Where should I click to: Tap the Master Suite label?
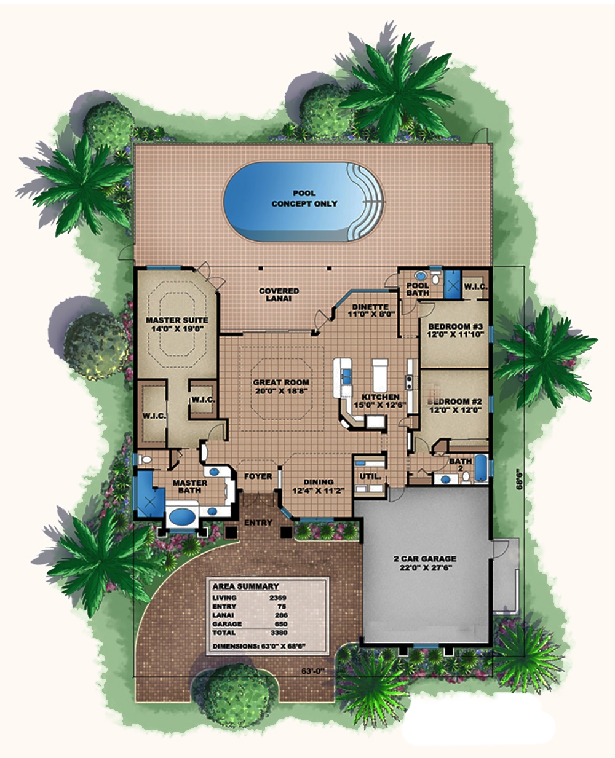[177, 325]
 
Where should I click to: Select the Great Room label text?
[281, 386]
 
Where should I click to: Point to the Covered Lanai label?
[279, 294]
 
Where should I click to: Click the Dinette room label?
[370, 310]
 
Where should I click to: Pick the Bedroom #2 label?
[454, 405]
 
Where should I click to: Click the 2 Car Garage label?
[425, 563]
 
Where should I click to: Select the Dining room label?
[318, 486]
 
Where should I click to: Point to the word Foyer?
[258, 476]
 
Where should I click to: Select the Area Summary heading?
[245, 586]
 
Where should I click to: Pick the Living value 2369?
[278, 598]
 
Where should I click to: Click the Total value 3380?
[278, 633]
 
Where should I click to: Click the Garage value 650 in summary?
[280, 624]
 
